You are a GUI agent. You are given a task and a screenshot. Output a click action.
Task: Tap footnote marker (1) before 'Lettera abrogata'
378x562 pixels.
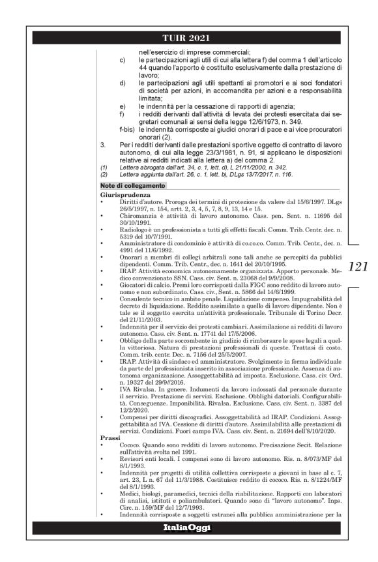tap(104, 167)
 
